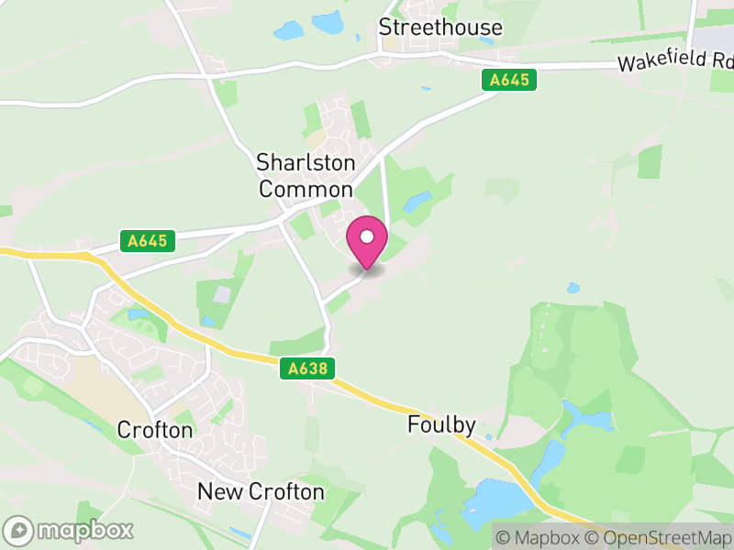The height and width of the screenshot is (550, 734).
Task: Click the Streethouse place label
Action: (x=440, y=27)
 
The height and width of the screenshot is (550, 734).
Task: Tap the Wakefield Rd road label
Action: (x=676, y=61)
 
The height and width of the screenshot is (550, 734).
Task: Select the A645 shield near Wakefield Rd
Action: (x=509, y=80)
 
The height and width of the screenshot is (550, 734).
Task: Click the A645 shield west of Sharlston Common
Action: (x=148, y=241)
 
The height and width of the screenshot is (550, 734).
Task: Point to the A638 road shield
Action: (x=307, y=368)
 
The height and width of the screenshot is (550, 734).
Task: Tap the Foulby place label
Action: (x=441, y=425)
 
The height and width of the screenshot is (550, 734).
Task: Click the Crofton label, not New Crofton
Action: (x=155, y=430)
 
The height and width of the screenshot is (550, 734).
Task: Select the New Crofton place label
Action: (x=261, y=492)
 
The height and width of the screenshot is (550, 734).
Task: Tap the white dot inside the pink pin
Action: (x=367, y=236)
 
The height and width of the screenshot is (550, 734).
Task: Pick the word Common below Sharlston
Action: (x=306, y=190)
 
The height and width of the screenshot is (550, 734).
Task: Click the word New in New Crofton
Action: (x=217, y=492)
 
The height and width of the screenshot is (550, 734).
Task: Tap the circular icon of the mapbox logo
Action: (x=19, y=531)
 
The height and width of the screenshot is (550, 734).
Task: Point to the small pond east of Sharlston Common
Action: (x=417, y=199)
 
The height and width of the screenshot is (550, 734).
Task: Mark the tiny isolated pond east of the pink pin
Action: (x=573, y=288)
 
